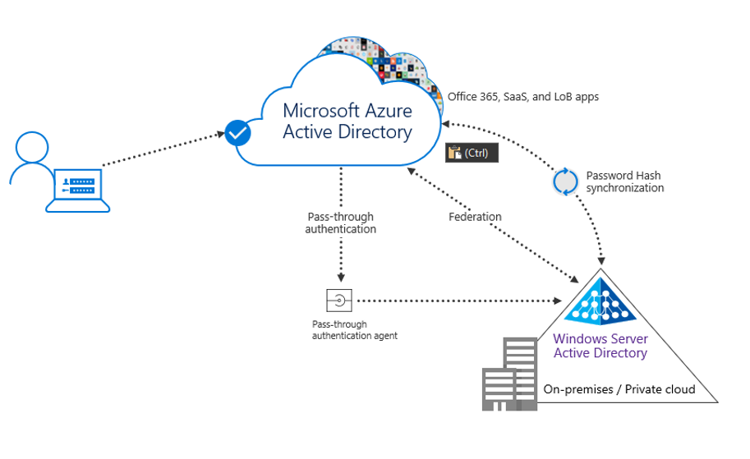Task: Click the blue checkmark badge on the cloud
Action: [x=237, y=132]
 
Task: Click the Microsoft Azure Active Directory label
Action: [x=347, y=121]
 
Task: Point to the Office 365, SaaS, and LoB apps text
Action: [x=522, y=97]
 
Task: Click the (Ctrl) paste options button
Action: [x=472, y=153]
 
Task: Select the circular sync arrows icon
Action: [x=565, y=181]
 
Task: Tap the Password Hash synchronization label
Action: [x=624, y=181]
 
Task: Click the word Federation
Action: [x=475, y=217]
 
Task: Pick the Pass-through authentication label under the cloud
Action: [x=340, y=223]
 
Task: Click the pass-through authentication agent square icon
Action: [x=339, y=301]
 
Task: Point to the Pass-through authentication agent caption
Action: [x=354, y=330]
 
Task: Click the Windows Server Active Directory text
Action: [x=600, y=346]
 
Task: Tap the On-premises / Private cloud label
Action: [x=619, y=389]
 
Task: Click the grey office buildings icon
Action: [x=507, y=375]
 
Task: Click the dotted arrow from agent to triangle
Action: [x=460, y=301]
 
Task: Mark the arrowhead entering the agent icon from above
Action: [x=340, y=278]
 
